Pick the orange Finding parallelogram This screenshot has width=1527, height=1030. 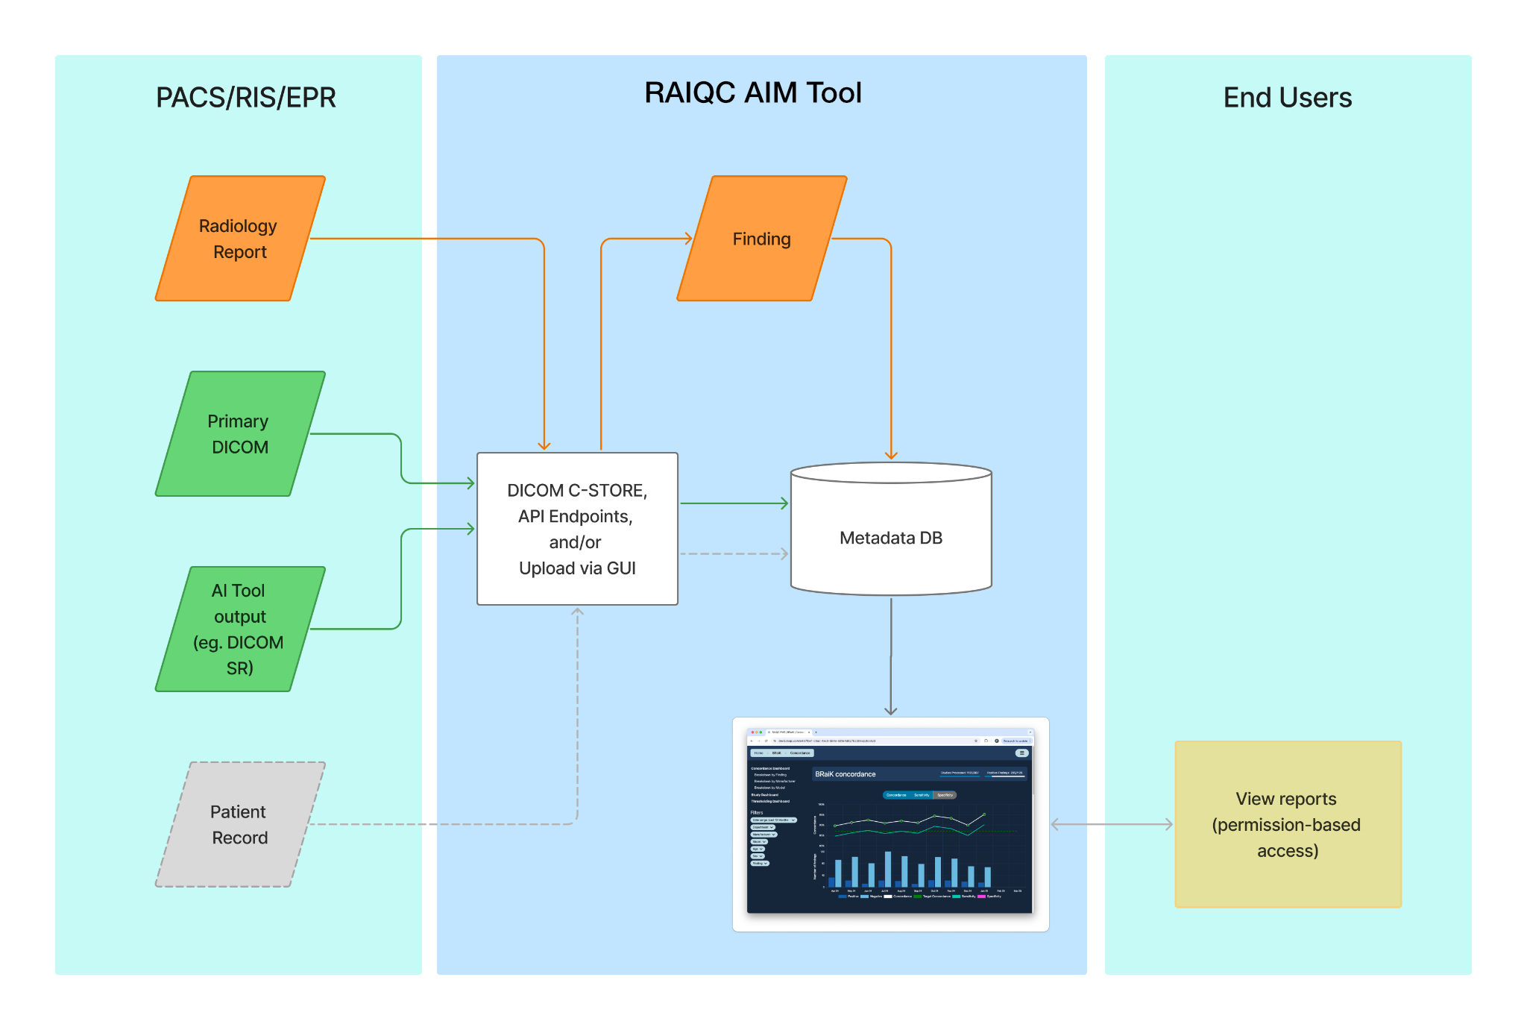tap(761, 239)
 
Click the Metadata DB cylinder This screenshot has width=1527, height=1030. tap(891, 537)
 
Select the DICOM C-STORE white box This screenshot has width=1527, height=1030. tap(577, 529)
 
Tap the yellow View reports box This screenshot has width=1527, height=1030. tap(1288, 824)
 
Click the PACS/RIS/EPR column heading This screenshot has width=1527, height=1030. tap(245, 98)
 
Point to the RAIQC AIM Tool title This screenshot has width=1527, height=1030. tap(752, 93)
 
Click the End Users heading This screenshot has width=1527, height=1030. tap(1287, 98)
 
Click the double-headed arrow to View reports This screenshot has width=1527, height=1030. tap(1111, 824)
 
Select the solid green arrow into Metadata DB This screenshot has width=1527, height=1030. tap(734, 503)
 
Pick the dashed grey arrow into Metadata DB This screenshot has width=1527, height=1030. tap(734, 554)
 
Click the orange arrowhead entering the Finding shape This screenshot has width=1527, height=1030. tap(687, 239)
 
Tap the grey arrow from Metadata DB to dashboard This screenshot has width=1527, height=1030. tap(891, 656)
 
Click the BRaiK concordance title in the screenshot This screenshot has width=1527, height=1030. tap(845, 774)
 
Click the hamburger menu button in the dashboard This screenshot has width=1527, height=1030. tap(1021, 753)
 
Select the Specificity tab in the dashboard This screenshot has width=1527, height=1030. tap(945, 795)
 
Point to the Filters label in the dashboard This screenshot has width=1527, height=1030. tap(757, 812)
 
